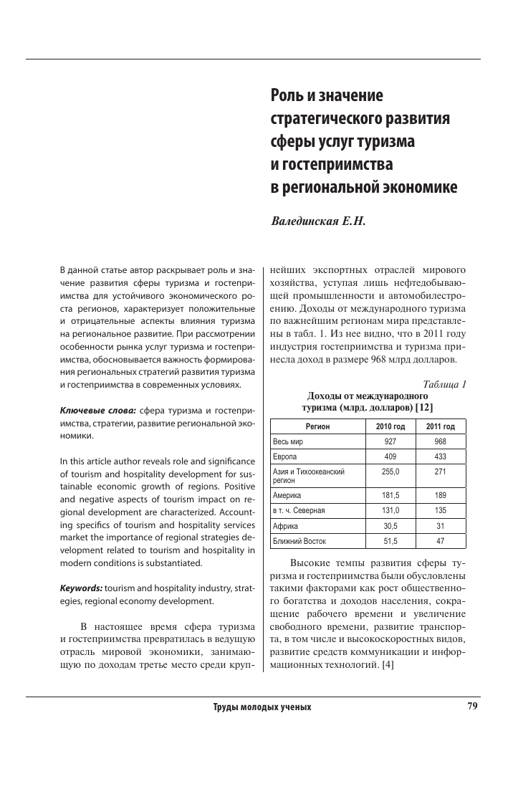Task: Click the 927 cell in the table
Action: pos(390,442)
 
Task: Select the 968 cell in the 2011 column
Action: pos(441,442)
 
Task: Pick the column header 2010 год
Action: pos(390,427)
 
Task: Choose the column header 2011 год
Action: pos(441,427)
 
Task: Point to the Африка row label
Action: pos(286,525)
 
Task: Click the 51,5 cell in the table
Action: pos(390,540)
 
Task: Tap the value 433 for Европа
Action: pos(441,456)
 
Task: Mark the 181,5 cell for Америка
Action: pos(390,495)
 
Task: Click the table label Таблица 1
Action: pos(445,384)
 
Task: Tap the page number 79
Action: pos(472,706)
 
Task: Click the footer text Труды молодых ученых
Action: pos(262,707)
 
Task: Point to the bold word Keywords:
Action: pos(81,588)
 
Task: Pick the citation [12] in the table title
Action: pos(423,407)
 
